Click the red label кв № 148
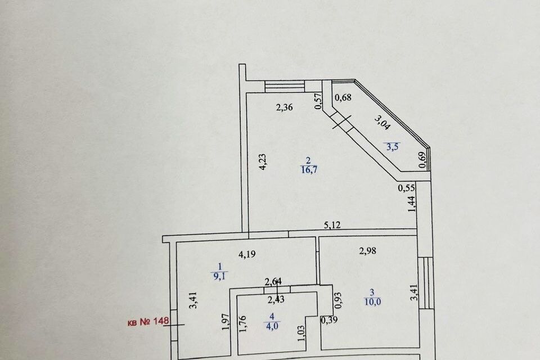pos(148,322)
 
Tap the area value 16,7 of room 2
pos(309,169)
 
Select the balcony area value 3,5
pos(392,147)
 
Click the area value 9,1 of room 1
pos(219,276)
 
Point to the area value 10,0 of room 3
pos(372,302)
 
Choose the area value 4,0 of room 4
pos(272,326)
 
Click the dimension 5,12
pos(332,225)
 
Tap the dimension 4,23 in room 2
pos(263,161)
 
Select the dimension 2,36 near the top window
pos(285,107)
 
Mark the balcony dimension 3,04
pos(382,122)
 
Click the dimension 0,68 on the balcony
pos(343,97)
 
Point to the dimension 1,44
pos(412,204)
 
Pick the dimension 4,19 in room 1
pos(247,255)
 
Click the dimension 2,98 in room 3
pos(367,251)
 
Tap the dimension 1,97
pos(226,322)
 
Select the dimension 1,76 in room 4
pos(242,324)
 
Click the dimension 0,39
pos(329,320)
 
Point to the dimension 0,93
pos(338,300)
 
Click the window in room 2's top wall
pos(285,86)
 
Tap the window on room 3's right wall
pos(426,283)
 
